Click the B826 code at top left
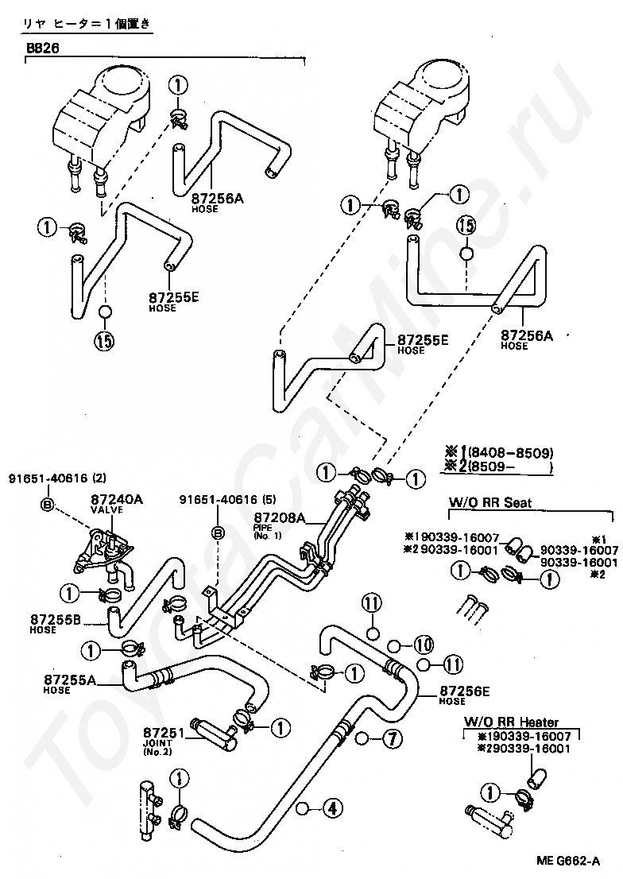coord(43,48)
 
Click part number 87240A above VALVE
coord(116,499)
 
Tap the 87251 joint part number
coord(164,732)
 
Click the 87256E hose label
coord(466,691)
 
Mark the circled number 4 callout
coord(332,809)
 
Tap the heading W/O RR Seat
coord(491,502)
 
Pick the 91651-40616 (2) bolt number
coord(57,478)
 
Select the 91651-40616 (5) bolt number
coord(226,500)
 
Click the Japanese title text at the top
coord(87,25)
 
